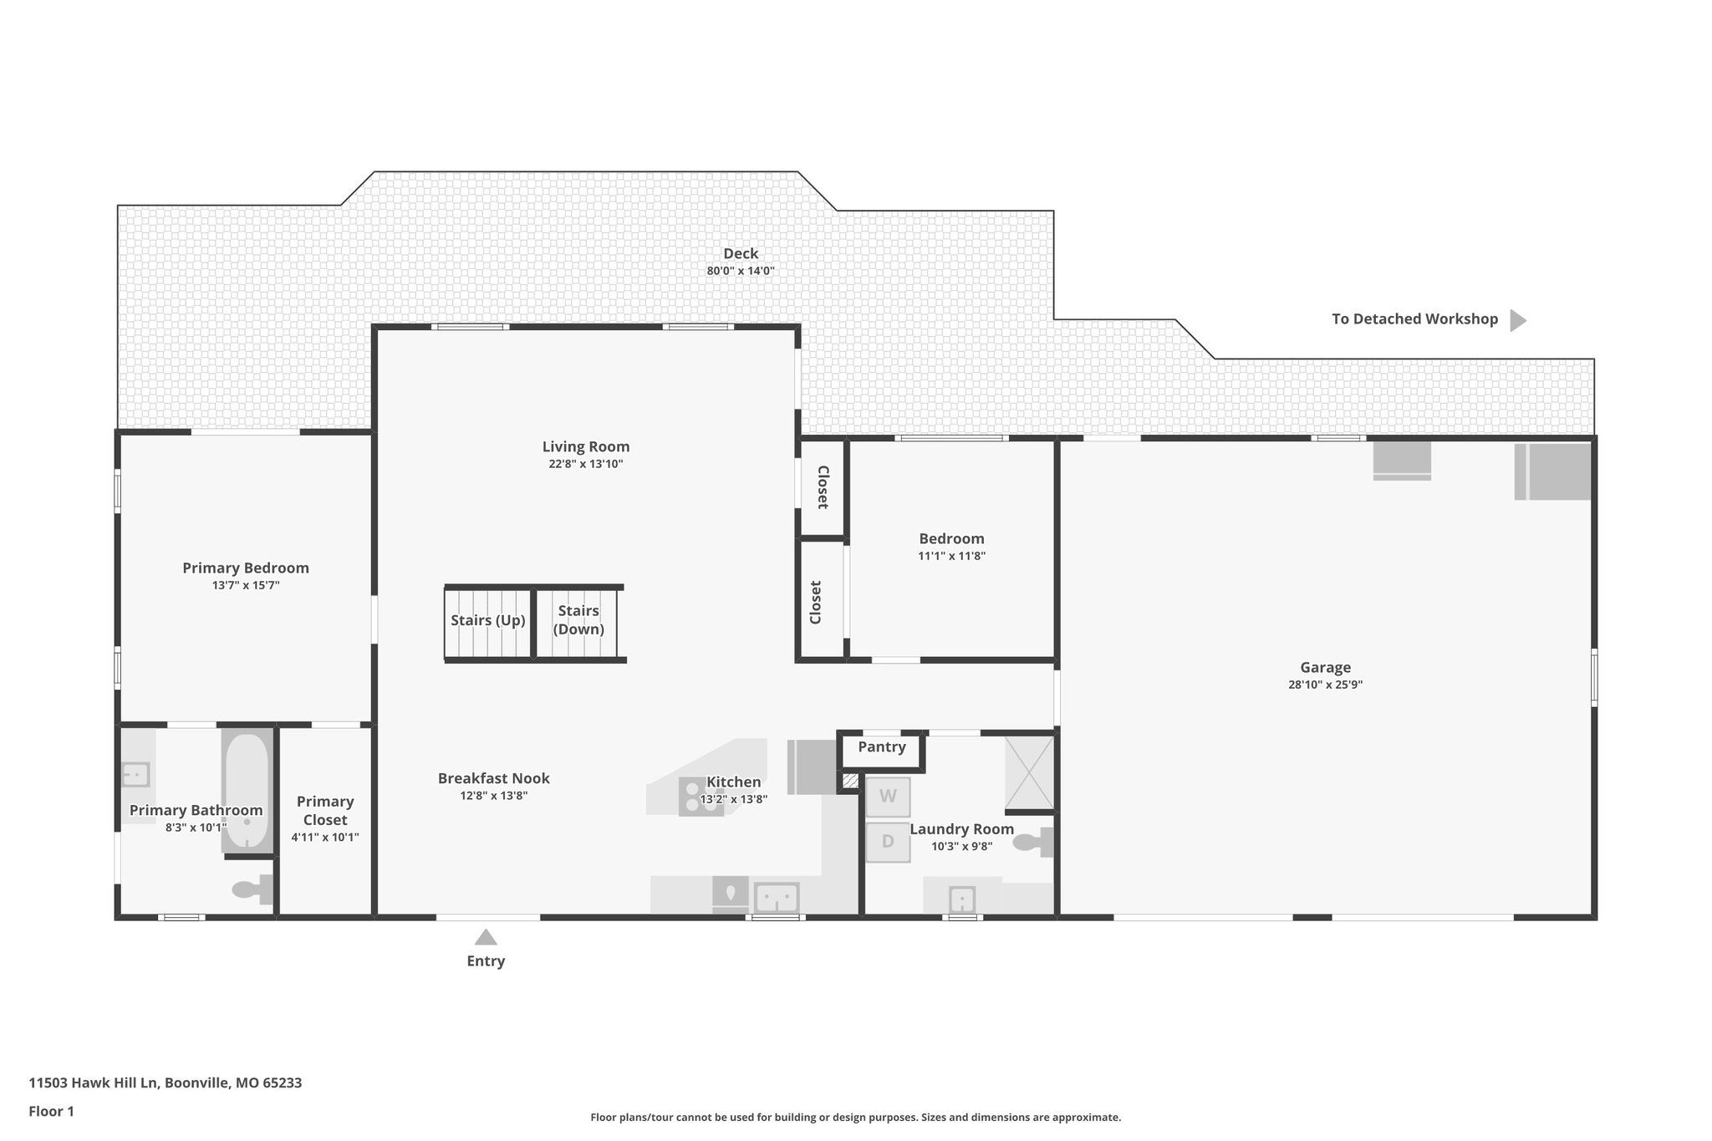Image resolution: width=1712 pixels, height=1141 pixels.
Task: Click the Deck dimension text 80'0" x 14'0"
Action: (741, 271)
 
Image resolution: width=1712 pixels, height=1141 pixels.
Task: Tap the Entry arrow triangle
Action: (486, 937)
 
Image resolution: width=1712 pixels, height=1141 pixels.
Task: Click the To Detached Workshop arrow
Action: (1517, 320)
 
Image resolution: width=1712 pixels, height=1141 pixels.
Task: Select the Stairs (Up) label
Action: (487, 620)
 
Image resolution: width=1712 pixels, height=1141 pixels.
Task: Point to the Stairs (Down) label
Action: (578, 620)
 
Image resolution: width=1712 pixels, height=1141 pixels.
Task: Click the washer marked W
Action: (888, 797)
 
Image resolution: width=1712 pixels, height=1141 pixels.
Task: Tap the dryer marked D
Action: (888, 842)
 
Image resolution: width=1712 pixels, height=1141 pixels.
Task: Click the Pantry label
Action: (881, 747)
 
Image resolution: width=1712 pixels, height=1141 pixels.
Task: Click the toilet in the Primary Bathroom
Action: (251, 889)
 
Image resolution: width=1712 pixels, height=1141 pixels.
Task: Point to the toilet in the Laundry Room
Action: (1032, 842)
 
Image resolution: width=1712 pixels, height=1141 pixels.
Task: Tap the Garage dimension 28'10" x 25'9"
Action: (1325, 685)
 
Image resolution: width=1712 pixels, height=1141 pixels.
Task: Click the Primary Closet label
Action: (325, 811)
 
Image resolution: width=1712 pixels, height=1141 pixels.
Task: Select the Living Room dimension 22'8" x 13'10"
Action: (585, 465)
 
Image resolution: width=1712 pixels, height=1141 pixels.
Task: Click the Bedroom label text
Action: (951, 539)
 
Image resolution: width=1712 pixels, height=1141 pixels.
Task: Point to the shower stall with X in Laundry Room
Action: (1029, 773)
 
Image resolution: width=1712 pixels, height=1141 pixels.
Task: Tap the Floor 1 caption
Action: (51, 1112)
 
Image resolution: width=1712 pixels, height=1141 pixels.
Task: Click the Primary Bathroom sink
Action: (135, 775)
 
